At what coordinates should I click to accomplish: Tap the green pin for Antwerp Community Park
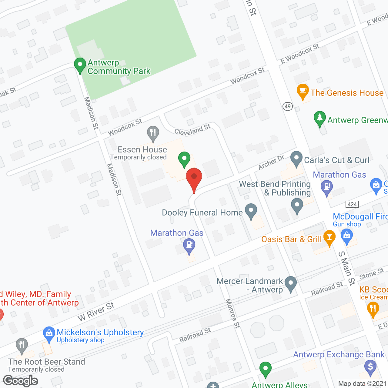pyautogui.click(x=80, y=65)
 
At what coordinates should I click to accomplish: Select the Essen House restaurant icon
pyautogui.click(x=153, y=133)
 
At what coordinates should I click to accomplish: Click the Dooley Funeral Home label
pyautogui.click(x=202, y=213)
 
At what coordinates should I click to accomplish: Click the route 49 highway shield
pyautogui.click(x=288, y=106)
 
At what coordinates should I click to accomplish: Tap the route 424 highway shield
pyautogui.click(x=352, y=204)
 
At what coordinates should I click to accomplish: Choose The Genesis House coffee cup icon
pyautogui.click(x=303, y=91)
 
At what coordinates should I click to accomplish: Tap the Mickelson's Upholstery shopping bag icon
pyautogui.click(x=49, y=333)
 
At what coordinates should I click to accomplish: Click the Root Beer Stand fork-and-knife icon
pyautogui.click(x=22, y=345)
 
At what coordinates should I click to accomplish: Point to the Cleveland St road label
pyautogui.click(x=192, y=130)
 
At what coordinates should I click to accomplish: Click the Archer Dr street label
pyautogui.click(x=271, y=162)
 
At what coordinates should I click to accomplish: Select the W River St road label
pyautogui.click(x=96, y=312)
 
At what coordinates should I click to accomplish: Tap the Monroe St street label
pyautogui.click(x=233, y=313)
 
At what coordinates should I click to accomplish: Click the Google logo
pyautogui.click(x=21, y=381)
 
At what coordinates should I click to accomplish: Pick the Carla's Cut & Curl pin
pyautogui.click(x=296, y=158)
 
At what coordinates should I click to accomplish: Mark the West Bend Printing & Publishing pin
pyautogui.click(x=297, y=206)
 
